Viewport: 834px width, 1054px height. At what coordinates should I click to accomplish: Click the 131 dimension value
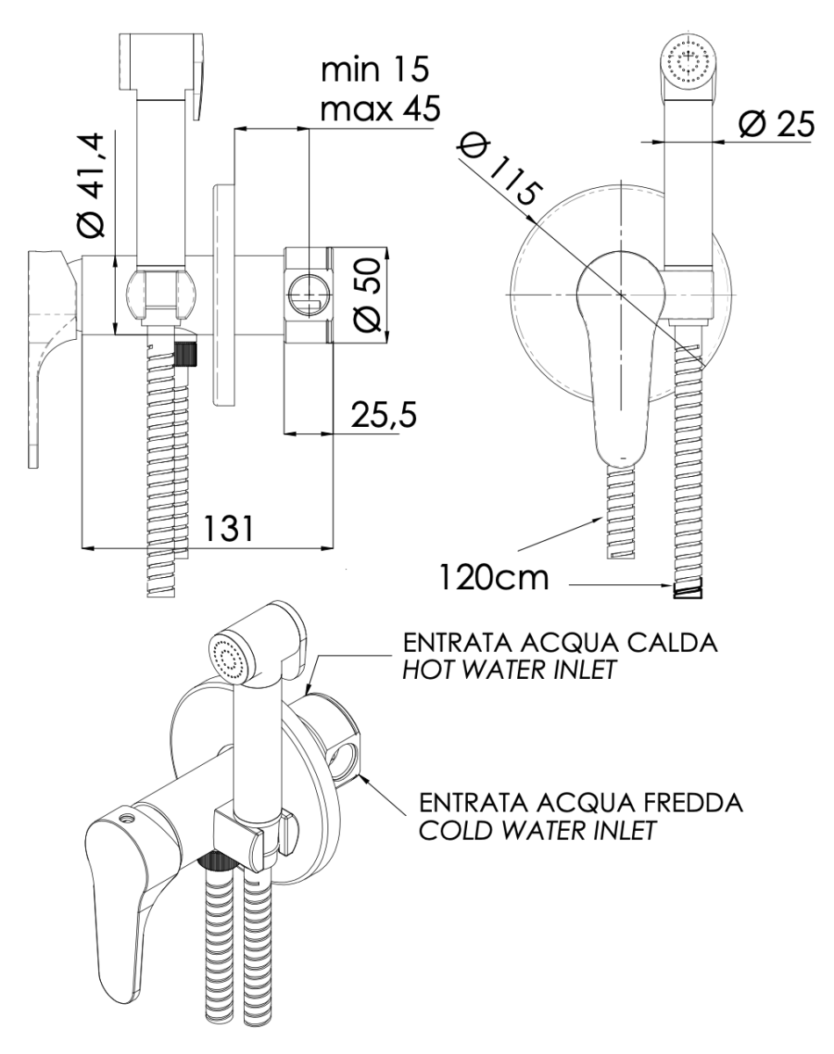pyautogui.click(x=232, y=530)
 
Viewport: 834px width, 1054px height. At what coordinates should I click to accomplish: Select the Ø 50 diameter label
pyautogui.click(x=369, y=295)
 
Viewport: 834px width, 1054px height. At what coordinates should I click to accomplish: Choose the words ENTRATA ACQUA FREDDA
pyautogui.click(x=581, y=804)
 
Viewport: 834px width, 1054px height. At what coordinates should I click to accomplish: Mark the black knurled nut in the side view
pyautogui.click(x=187, y=354)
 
